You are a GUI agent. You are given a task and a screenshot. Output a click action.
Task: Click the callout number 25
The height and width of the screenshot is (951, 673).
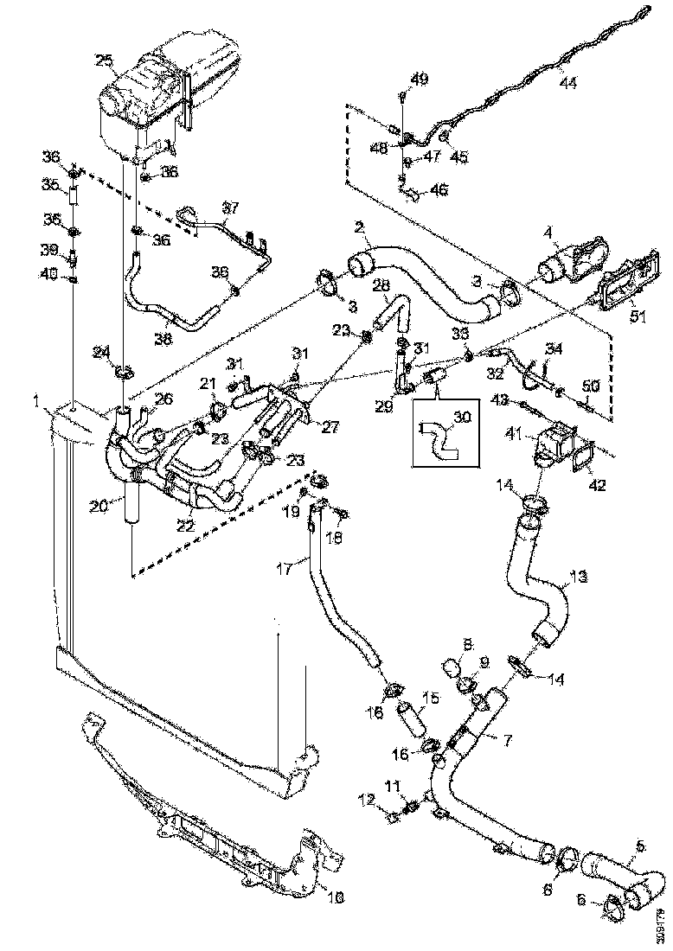point(104,61)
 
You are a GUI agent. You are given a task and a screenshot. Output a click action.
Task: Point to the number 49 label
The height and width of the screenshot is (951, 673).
point(419,80)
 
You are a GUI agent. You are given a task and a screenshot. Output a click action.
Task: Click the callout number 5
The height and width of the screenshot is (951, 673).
point(641,846)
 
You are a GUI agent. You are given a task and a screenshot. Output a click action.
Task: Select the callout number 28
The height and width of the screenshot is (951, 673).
point(381,285)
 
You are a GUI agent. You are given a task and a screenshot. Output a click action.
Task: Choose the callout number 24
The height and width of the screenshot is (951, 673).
point(102,352)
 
